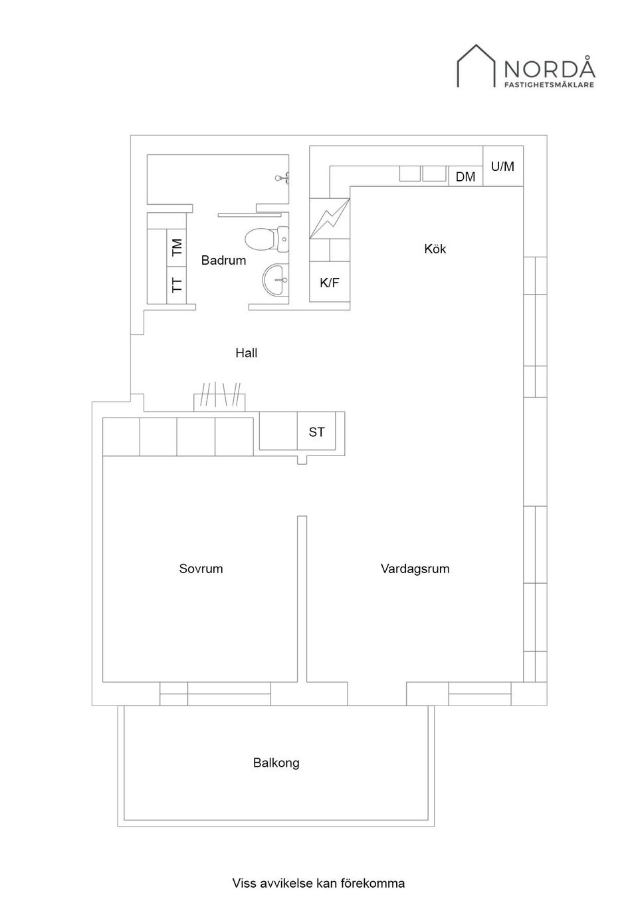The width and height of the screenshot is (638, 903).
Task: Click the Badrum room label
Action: click(x=223, y=261)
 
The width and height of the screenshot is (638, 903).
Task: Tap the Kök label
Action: click(x=435, y=249)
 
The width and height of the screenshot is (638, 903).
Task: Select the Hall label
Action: click(x=246, y=353)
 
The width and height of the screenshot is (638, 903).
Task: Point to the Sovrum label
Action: click(x=201, y=569)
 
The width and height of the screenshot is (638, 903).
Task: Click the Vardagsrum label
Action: click(x=415, y=569)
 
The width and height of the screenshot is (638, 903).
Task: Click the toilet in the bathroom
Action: click(x=266, y=239)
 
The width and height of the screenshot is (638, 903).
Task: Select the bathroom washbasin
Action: click(x=276, y=279)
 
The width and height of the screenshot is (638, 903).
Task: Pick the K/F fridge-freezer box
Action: click(x=330, y=282)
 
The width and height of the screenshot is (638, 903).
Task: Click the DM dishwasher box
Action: click(x=466, y=176)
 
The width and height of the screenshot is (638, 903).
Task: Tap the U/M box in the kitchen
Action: click(x=503, y=166)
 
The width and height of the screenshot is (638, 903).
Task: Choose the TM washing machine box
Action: click(x=177, y=247)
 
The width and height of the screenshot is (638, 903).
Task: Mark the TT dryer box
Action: click(x=177, y=285)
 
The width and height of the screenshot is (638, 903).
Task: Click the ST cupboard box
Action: click(x=316, y=431)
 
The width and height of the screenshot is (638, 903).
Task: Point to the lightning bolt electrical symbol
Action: click(x=330, y=219)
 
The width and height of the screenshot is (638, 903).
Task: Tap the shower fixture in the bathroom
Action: click(x=284, y=178)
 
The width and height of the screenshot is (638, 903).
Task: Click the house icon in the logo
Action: click(x=476, y=66)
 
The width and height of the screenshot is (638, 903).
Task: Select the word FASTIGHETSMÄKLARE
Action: click(x=550, y=85)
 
